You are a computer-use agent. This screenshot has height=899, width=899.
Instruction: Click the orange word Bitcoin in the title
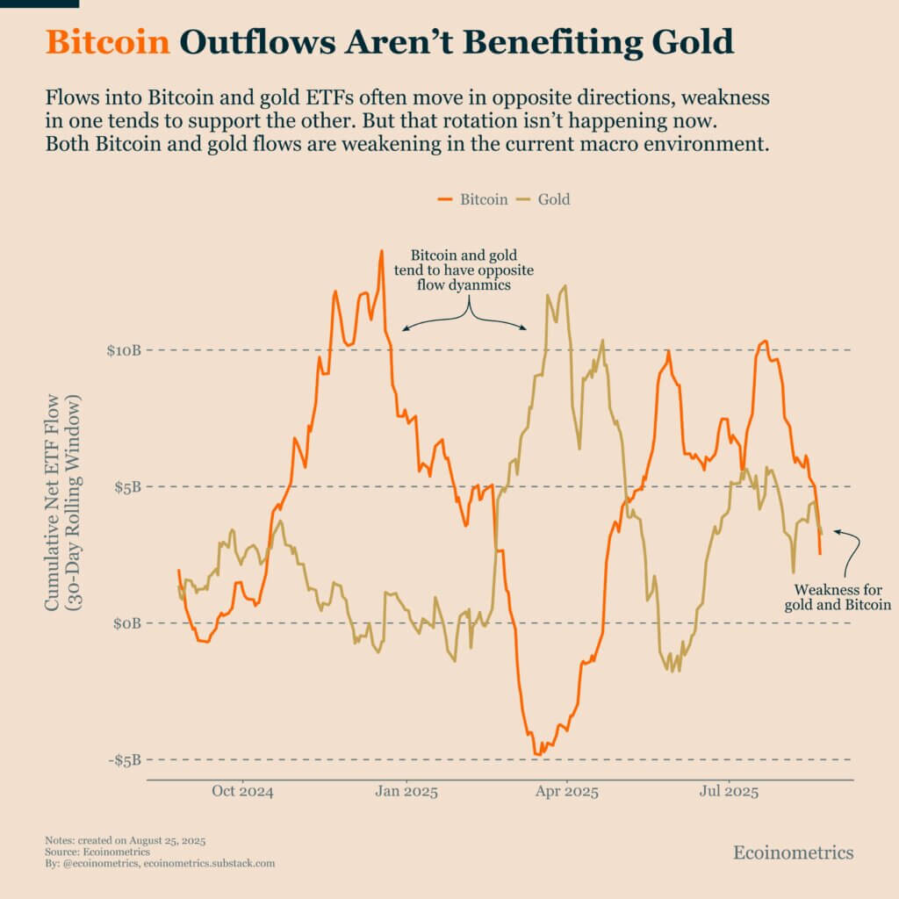coord(107,42)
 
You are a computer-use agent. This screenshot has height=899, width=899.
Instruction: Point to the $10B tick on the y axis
coord(124,350)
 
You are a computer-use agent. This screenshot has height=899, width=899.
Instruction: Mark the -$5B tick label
coord(125,759)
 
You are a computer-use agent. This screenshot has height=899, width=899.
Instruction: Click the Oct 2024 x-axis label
coord(243,792)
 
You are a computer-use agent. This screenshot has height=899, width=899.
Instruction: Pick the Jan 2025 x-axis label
coord(406,792)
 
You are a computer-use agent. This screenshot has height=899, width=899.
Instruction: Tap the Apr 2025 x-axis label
coord(567,792)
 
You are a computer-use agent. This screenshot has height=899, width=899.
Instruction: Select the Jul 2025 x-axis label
coord(728,792)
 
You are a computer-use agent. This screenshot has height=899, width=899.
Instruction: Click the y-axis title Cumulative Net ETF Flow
coord(63,502)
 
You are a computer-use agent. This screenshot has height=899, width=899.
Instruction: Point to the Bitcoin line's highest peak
coord(381,251)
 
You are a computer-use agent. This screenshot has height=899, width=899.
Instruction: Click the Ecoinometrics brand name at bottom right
coord(793,852)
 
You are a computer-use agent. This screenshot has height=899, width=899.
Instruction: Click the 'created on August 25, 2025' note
coord(125,840)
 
